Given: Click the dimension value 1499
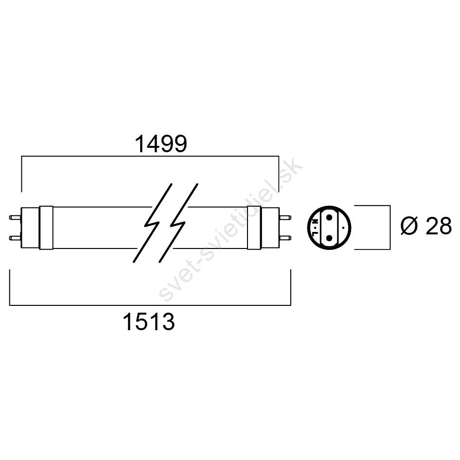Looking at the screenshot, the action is click(x=161, y=144).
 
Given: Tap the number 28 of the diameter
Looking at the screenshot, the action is click(x=438, y=226).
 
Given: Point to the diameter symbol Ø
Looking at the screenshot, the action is click(x=409, y=226).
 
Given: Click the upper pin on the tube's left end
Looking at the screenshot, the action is click(x=15, y=217).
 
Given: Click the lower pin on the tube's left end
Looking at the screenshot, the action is click(x=15, y=238).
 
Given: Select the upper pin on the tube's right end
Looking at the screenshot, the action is click(x=285, y=218).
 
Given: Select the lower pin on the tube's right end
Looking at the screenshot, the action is click(x=285, y=238).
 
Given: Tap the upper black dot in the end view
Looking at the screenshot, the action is click(x=329, y=217).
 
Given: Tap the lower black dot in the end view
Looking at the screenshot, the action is click(x=329, y=238).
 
